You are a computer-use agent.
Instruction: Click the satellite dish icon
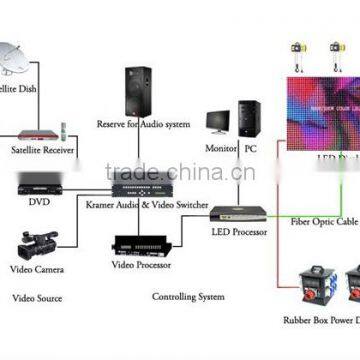pyautogui.click(x=21, y=65)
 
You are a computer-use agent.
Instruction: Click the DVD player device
pyautogui.click(x=38, y=185)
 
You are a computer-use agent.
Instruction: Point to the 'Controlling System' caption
pyautogui.click(x=187, y=296)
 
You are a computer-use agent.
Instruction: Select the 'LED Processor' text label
pyautogui.click(x=239, y=232)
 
